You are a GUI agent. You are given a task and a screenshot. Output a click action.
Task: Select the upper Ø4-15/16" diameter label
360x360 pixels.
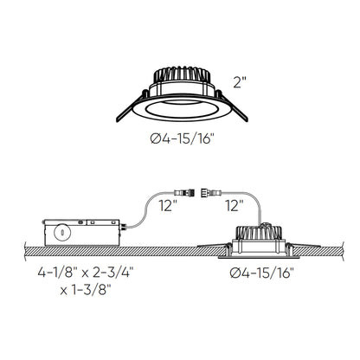(x=180, y=138)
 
